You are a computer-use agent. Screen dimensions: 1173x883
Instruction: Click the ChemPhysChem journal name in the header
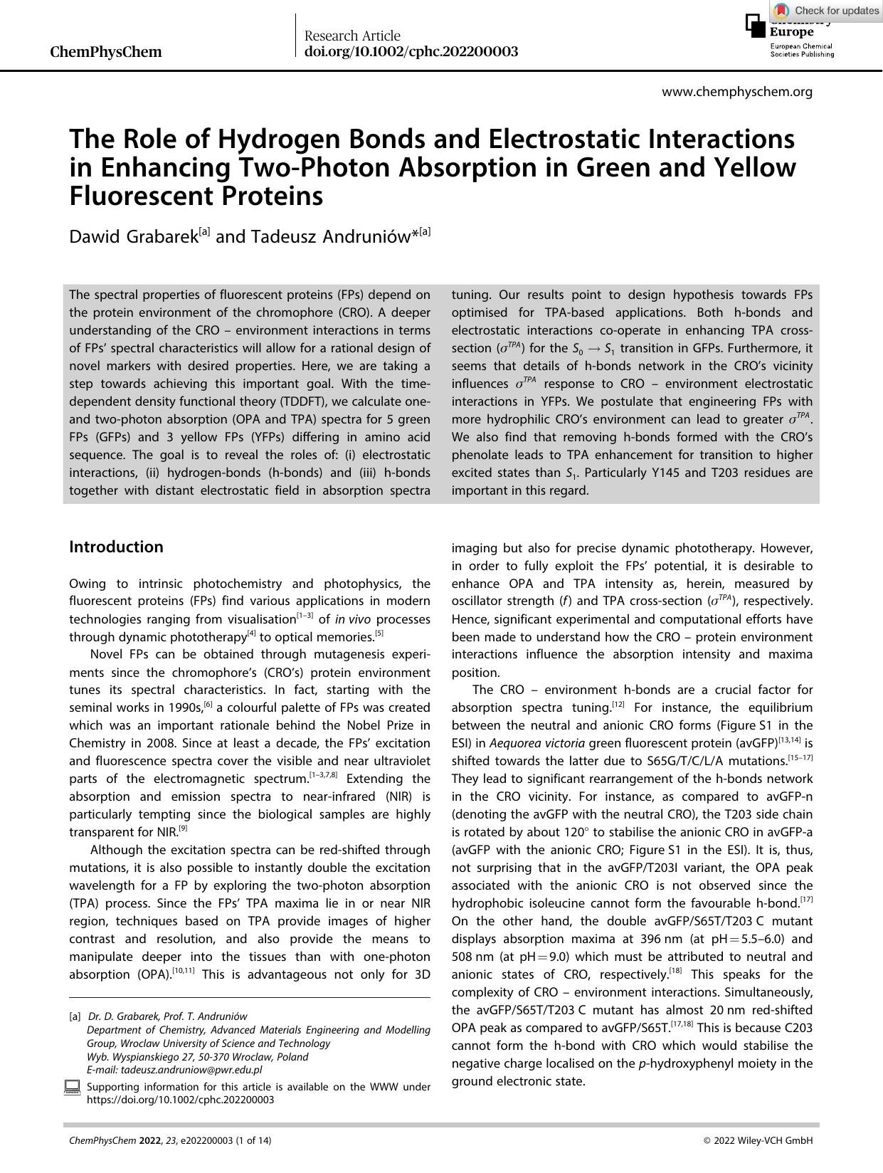click(x=106, y=52)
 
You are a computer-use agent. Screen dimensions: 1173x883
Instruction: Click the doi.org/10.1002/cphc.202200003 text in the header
click(x=411, y=52)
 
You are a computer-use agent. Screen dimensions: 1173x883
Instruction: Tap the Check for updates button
click(x=827, y=11)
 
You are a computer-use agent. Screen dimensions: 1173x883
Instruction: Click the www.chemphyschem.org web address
click(x=736, y=92)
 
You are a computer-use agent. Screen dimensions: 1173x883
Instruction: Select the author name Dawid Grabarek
click(x=133, y=236)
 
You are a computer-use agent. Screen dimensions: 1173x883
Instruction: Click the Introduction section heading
click(x=116, y=547)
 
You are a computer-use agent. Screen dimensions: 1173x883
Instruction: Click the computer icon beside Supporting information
click(x=73, y=1088)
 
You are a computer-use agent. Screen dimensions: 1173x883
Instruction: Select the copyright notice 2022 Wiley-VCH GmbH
click(x=758, y=1140)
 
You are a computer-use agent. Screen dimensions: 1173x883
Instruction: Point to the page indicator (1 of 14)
click(x=253, y=1140)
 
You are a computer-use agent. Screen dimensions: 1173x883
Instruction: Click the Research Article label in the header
click(x=352, y=36)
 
